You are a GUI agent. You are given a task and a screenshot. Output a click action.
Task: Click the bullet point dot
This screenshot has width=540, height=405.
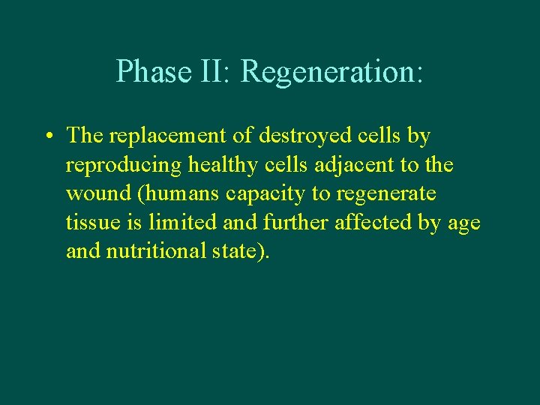(48, 137)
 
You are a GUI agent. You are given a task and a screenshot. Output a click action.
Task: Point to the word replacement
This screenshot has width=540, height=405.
(166, 136)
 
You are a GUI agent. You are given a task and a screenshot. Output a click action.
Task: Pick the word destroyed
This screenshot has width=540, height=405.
(293, 136)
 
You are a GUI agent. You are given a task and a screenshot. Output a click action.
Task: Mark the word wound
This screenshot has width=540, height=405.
(91, 194)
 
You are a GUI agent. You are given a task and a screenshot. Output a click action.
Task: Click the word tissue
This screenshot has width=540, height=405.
(89, 223)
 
